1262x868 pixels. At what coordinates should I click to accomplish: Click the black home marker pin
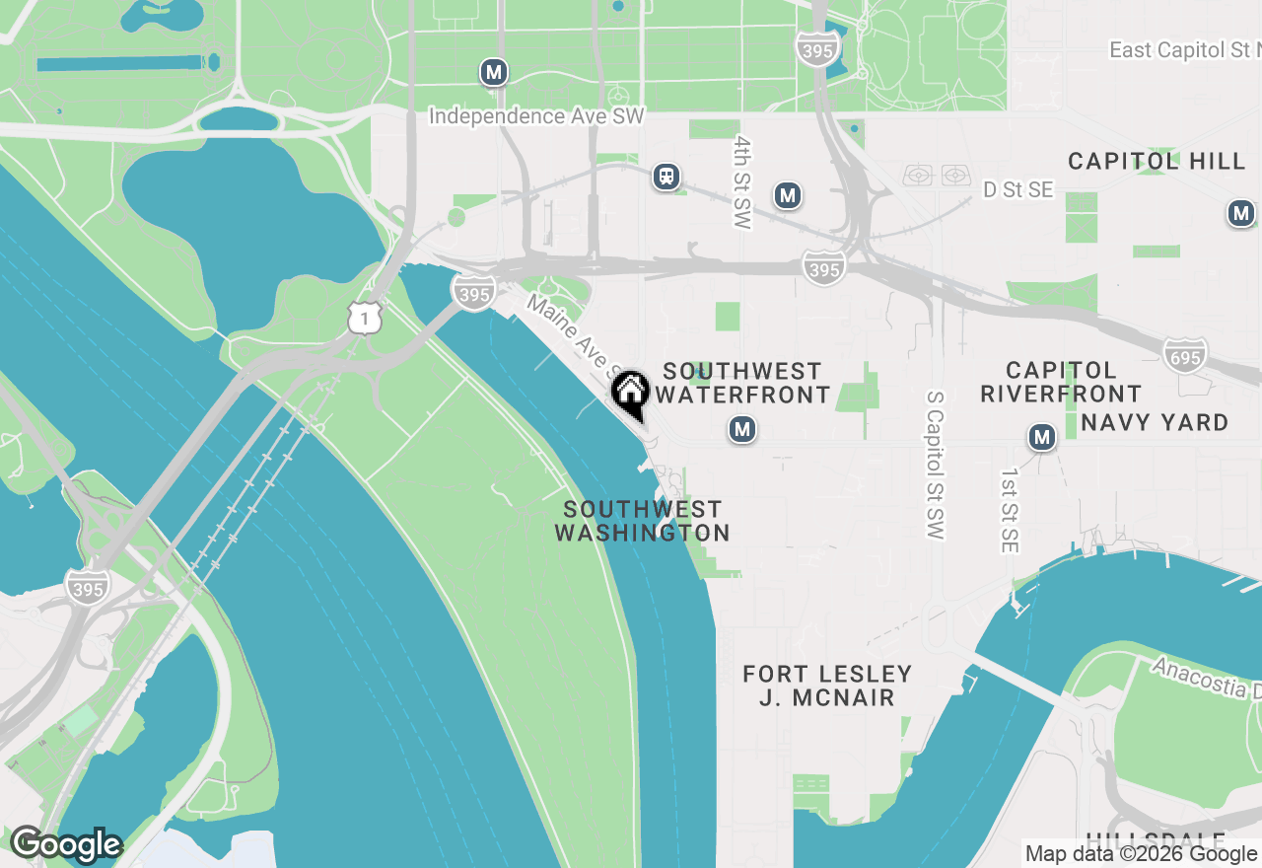(x=629, y=392)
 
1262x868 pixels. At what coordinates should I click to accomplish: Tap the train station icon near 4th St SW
(x=667, y=178)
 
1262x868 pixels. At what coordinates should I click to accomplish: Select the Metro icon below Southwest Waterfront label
(x=742, y=429)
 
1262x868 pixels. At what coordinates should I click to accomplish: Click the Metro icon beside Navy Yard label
(x=1042, y=437)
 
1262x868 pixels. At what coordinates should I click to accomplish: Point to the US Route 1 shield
(x=364, y=318)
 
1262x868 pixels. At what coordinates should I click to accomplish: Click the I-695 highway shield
(x=1184, y=355)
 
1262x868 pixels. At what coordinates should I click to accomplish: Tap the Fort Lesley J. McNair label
(x=827, y=686)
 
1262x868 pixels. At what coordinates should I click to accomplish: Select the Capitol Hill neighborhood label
(x=1157, y=161)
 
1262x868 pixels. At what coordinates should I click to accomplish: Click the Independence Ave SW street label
(x=536, y=116)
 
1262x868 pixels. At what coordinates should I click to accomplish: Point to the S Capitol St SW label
(x=935, y=465)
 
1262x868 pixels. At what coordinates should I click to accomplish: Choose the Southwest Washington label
(x=642, y=521)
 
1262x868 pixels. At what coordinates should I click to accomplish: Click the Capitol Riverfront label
(x=1061, y=382)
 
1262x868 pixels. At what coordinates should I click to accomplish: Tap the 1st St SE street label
(x=1009, y=510)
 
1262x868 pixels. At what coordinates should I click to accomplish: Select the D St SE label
(x=1017, y=190)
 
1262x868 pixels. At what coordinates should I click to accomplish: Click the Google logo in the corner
(x=65, y=845)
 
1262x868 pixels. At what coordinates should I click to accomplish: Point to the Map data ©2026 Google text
(x=1141, y=854)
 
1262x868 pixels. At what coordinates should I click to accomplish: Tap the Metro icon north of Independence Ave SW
(x=494, y=72)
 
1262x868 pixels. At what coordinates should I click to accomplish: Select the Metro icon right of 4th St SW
(x=787, y=195)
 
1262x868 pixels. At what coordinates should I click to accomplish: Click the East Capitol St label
(x=1183, y=49)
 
